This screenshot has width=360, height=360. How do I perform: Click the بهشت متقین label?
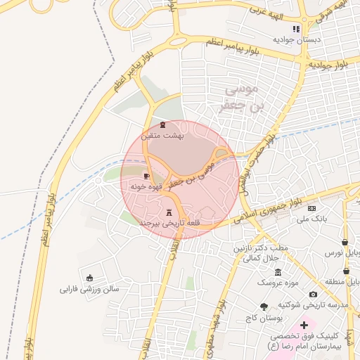pyautogui.click(x=162, y=135)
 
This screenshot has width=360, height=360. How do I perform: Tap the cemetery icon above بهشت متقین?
pyautogui.click(x=163, y=125)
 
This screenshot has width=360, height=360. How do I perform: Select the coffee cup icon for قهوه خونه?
pyautogui.click(x=146, y=176)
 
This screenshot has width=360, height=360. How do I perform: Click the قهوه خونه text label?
pyautogui.click(x=147, y=186)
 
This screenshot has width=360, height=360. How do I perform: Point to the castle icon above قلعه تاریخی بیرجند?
pyautogui.click(x=169, y=212)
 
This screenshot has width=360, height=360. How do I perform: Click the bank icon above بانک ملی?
pyautogui.click(x=312, y=209)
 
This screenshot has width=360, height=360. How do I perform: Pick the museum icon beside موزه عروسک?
pyautogui.click(x=278, y=272)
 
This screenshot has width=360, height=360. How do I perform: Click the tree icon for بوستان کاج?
pyautogui.click(x=264, y=307)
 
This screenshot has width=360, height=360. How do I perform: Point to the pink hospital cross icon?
pyautogui.click(x=304, y=326)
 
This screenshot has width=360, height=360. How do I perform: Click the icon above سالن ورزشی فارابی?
pyautogui.click(x=89, y=278)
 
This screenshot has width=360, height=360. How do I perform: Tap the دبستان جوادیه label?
pyautogui.click(x=298, y=39)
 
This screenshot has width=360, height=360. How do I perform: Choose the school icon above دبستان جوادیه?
pyautogui.click(x=297, y=29)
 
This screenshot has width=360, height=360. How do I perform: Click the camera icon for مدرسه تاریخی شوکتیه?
pyautogui.click(x=313, y=294)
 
